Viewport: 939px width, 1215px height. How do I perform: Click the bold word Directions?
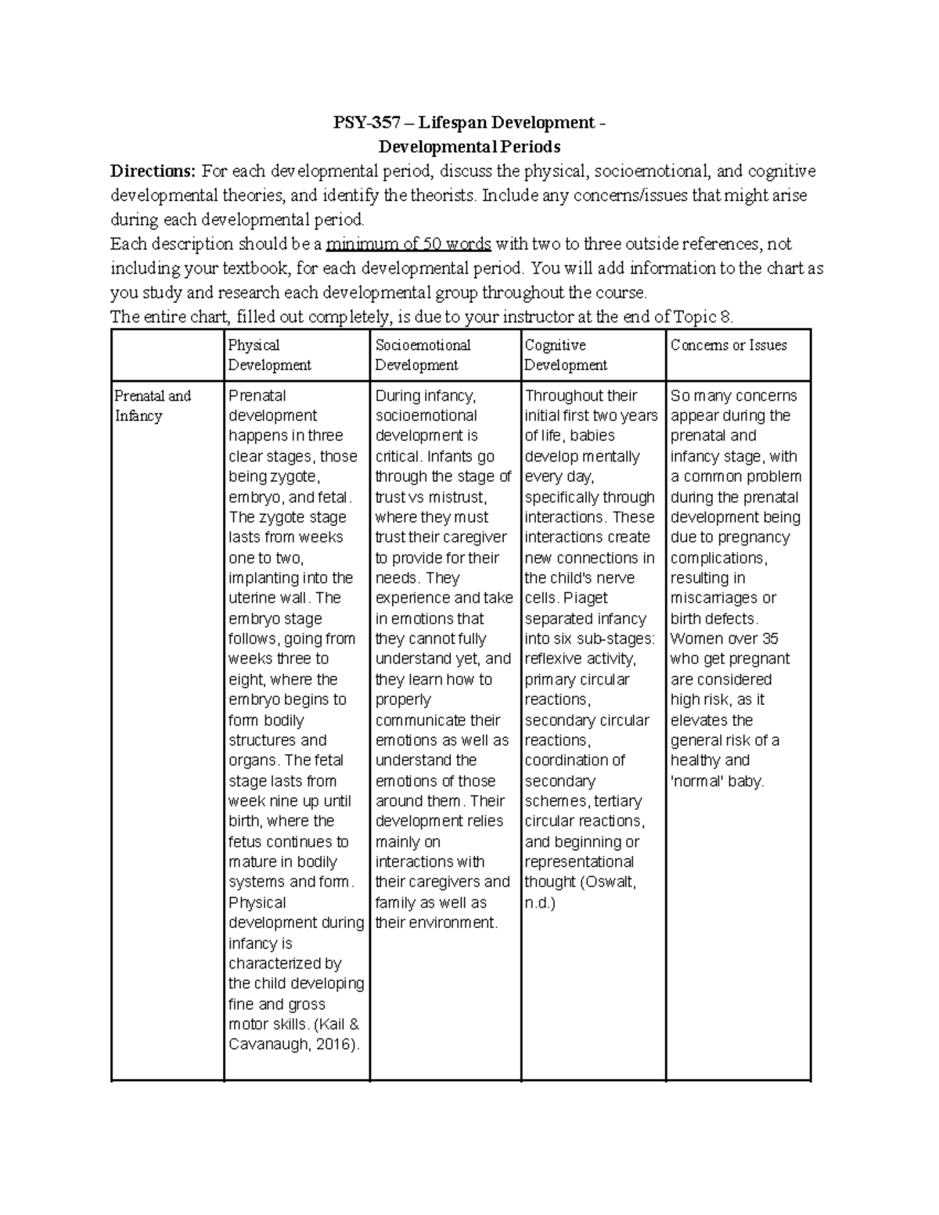point(153,171)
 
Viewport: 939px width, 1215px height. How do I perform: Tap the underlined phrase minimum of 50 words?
point(408,244)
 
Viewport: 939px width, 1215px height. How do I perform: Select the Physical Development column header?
point(269,354)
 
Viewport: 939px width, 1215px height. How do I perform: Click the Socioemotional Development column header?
point(423,354)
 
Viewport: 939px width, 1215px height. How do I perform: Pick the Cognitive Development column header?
point(565,354)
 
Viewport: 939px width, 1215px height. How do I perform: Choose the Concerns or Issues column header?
point(729,345)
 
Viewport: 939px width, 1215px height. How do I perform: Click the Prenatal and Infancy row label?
point(153,405)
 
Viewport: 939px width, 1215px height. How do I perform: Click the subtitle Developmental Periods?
point(469,147)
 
